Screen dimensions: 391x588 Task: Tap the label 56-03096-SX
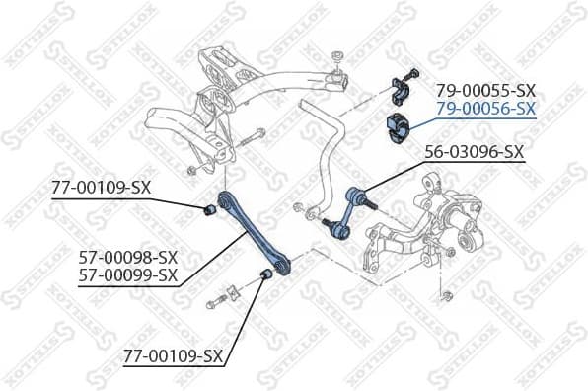473,153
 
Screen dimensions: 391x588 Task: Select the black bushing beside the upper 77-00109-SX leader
209,209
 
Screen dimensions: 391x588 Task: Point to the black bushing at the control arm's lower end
264,274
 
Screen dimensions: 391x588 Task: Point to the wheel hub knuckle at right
434,217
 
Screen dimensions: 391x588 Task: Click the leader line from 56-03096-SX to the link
400,174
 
